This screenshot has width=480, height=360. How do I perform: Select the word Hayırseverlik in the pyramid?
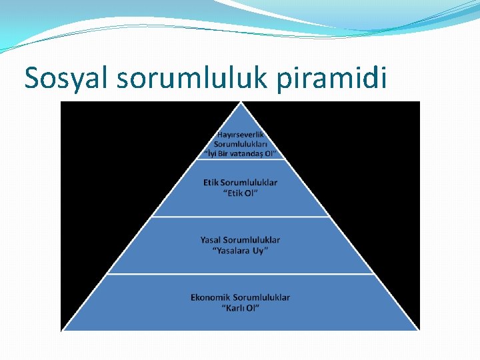(240, 134)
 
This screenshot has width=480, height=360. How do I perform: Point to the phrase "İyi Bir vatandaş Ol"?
(240, 153)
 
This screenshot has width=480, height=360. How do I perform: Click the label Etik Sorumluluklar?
(240, 182)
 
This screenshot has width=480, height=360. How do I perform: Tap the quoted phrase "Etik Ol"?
(240, 193)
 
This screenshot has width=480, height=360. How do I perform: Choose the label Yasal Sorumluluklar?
(240, 239)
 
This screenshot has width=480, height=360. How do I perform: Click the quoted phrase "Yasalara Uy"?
(240, 251)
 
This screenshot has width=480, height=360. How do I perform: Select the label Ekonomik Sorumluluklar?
(240, 297)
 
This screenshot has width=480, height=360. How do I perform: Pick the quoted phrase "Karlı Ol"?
(240, 309)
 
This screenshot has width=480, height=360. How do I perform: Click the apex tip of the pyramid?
(240, 104)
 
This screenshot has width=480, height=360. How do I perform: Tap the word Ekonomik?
(210, 297)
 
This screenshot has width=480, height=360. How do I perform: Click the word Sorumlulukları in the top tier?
(240, 143)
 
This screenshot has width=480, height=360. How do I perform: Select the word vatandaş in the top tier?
(245, 153)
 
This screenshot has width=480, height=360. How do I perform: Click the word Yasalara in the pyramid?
(233, 251)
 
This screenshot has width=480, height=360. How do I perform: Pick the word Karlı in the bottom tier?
(235, 309)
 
